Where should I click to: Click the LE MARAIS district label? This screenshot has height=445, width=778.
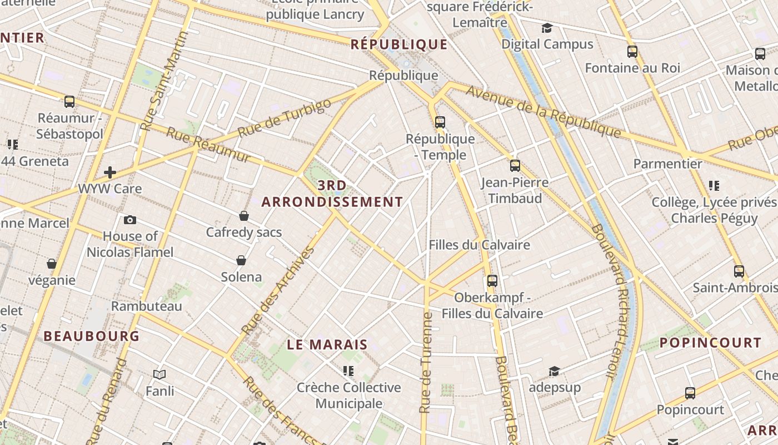(x=327, y=344)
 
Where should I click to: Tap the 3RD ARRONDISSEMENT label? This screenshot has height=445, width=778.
(x=332, y=194)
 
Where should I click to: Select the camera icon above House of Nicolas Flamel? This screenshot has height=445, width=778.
(x=130, y=220)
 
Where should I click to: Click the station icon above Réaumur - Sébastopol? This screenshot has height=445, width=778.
(x=69, y=102)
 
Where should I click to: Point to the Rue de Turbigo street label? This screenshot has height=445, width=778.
(x=284, y=117)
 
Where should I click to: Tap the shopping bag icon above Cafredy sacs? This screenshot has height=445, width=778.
(x=243, y=216)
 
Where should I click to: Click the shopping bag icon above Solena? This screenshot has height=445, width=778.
(x=241, y=260)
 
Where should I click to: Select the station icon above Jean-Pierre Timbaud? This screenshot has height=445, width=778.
(x=515, y=165)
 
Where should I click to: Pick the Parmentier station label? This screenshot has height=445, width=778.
(x=668, y=164)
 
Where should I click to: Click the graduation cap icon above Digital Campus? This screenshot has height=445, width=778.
(x=547, y=28)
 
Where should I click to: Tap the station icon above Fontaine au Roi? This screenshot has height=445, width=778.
(x=632, y=52)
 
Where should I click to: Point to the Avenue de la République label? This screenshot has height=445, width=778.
(x=543, y=111)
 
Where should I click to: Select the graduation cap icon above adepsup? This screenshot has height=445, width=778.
(x=554, y=371)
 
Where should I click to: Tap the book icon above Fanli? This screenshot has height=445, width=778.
(x=159, y=374)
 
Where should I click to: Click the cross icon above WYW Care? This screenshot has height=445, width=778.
(x=110, y=172)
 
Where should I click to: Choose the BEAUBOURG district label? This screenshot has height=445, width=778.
(x=92, y=336)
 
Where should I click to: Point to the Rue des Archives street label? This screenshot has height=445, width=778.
(x=278, y=290)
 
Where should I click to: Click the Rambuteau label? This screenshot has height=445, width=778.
(x=147, y=306)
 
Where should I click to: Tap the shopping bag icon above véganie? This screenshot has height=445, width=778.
(x=52, y=263)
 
